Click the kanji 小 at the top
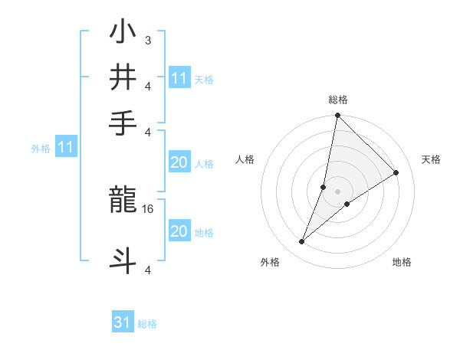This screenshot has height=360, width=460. pos(123,34)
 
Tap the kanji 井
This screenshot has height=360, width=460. pos(123,77)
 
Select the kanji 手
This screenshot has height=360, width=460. pos(123,121)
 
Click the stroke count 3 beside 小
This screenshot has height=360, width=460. pos(147,40)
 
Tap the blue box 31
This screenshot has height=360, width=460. pos(123,322)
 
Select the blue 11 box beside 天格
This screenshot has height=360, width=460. pos(179,77)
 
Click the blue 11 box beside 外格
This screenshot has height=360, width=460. pos(65,146)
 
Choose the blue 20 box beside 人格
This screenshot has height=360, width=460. pos(179,162)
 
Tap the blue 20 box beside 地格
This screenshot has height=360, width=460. pos(179,231)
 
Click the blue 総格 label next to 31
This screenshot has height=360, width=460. pos(147,324)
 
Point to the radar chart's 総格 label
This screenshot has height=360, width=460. pos(337,100)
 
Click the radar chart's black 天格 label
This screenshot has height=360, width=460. pos(431,159)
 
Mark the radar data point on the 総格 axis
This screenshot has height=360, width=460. pos(337,116)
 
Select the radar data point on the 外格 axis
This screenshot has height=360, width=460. pos(302,242)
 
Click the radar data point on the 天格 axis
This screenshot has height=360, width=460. pos(396,173)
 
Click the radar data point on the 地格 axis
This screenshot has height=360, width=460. pos(347,204)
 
